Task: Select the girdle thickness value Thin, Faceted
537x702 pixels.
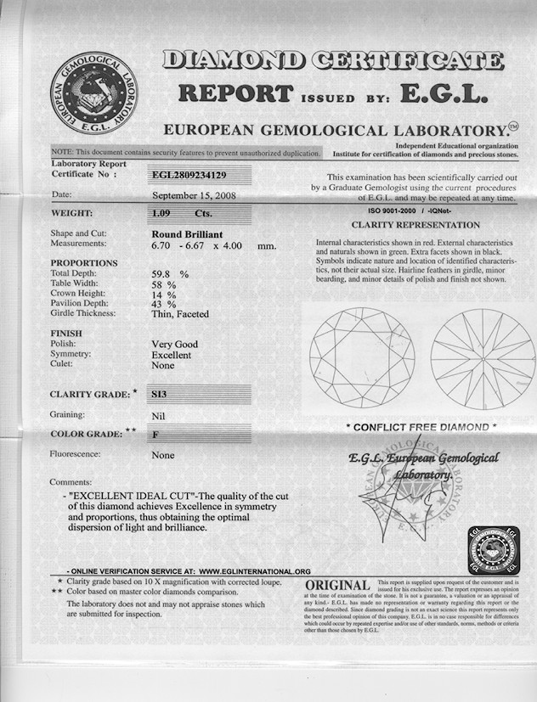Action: [x=179, y=313]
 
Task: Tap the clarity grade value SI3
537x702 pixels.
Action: [x=159, y=395]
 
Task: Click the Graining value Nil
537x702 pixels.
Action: [x=156, y=415]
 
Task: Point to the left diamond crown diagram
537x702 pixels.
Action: [x=362, y=357]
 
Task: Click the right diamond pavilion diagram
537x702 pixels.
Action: [x=483, y=359]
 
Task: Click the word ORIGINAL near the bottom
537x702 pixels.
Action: [x=337, y=587]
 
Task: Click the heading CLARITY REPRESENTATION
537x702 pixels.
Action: [x=415, y=225]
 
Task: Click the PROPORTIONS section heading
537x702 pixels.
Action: [x=84, y=263]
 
